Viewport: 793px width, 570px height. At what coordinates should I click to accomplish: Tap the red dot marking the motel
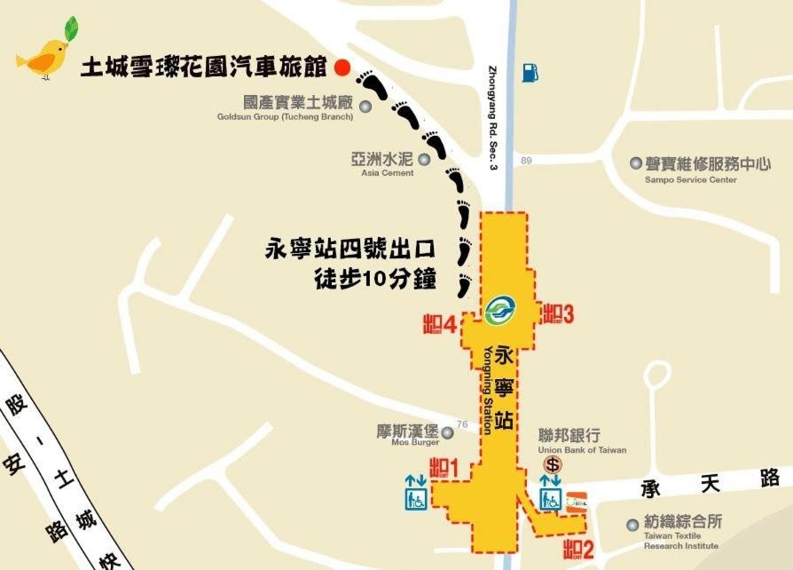(x=342, y=67)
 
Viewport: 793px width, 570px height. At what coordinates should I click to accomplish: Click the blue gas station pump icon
(x=530, y=71)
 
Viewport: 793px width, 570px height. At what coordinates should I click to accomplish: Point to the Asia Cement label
(x=383, y=166)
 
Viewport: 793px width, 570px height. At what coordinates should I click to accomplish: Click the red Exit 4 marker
(x=441, y=323)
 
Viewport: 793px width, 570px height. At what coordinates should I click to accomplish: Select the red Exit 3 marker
(x=559, y=313)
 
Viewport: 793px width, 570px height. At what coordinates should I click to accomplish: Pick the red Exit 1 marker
(x=442, y=467)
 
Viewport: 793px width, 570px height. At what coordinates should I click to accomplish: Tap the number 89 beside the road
(x=527, y=160)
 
